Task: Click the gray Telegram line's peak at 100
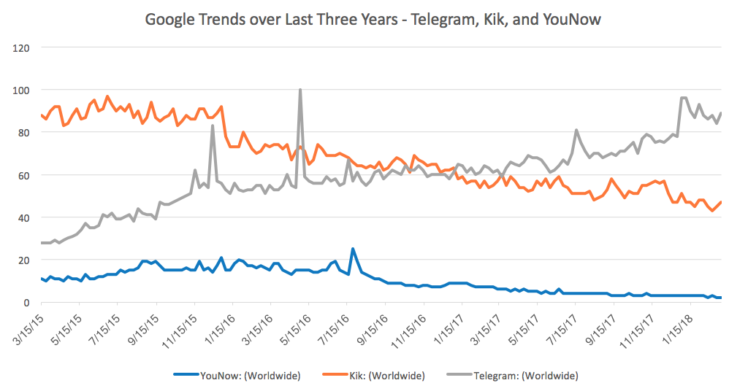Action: pyautogui.click(x=300, y=90)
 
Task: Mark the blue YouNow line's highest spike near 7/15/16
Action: pyautogui.click(x=353, y=249)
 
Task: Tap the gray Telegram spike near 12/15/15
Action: pyautogui.click(x=213, y=125)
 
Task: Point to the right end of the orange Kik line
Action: pyautogui.click(x=722, y=202)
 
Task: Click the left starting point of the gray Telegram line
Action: pyautogui.click(x=41, y=243)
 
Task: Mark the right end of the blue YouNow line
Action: pyautogui.click(x=722, y=298)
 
